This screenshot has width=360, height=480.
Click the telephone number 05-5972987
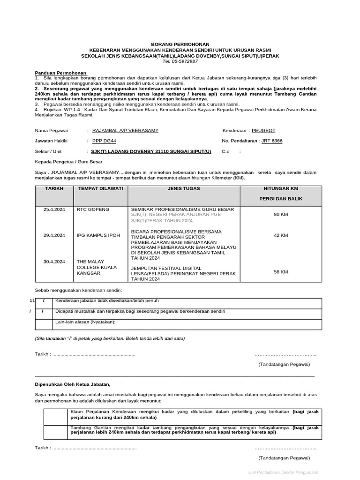(180, 61)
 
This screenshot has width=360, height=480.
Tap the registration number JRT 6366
(272, 141)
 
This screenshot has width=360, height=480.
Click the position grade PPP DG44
(104, 141)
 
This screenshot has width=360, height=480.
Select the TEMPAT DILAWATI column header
(94, 188)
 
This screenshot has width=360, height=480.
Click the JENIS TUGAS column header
(183, 188)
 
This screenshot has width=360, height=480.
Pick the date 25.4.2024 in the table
(54, 209)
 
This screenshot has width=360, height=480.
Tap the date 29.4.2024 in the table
(54, 235)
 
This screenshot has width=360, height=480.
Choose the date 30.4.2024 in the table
(54, 261)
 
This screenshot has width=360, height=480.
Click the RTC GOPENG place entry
(93, 209)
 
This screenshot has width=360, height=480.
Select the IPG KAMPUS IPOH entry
(98, 235)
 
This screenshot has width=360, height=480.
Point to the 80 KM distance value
(281, 215)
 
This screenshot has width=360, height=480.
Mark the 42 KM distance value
(281, 235)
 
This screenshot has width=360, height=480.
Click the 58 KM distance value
(281, 272)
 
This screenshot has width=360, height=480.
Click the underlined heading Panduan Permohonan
(61, 73)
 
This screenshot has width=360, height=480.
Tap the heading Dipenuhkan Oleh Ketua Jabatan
(73, 384)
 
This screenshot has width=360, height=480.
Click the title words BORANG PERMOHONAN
(180, 44)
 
